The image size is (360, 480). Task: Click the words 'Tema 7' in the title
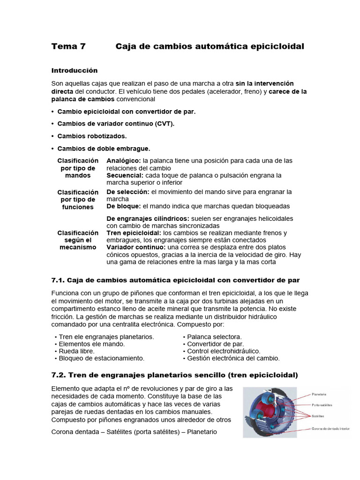68,46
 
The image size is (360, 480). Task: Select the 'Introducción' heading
75,70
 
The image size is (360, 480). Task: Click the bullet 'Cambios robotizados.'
92,136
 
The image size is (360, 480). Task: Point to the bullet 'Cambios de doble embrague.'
104,149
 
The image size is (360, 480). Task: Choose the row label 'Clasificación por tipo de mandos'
78,168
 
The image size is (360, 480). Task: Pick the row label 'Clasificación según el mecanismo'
78,240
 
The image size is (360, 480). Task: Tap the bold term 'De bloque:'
124,206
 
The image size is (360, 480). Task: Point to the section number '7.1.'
58,280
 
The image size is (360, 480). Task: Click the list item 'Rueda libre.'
76,351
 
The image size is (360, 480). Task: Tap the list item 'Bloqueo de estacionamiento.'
101,358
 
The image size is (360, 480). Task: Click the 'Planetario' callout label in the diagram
319,394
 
